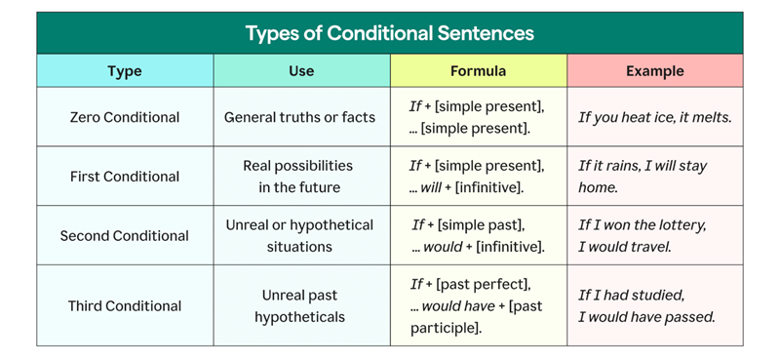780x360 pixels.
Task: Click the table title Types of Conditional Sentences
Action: tap(389, 33)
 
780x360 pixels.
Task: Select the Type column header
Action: tap(125, 71)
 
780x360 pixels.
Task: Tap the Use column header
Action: tap(301, 71)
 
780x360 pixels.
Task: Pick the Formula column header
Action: tap(478, 71)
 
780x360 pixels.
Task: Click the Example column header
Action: tap(654, 71)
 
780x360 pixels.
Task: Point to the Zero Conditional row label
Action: tap(125, 117)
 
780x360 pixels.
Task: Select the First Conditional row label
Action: tap(125, 177)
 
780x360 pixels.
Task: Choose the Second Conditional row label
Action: tap(125, 236)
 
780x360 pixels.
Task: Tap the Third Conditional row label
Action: tap(125, 305)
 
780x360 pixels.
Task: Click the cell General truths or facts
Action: tap(300, 117)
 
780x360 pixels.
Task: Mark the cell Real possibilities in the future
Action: tap(298, 177)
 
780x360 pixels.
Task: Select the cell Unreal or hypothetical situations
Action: tap(299, 236)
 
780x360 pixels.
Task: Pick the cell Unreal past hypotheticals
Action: tap(299, 305)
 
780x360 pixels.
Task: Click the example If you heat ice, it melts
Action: tap(654, 117)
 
